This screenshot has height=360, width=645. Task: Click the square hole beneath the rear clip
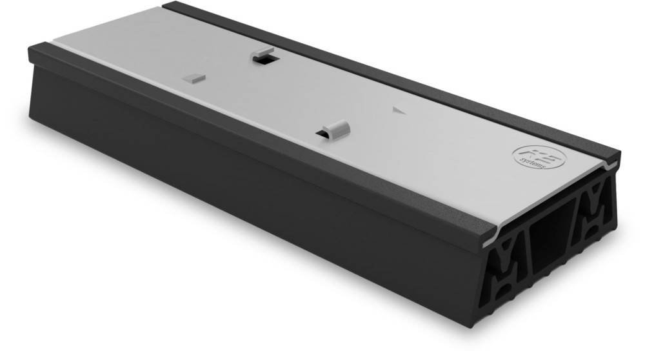coord(263,59)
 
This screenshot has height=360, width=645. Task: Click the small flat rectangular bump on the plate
coord(193,78)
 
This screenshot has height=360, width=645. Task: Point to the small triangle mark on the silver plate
coord(398,110)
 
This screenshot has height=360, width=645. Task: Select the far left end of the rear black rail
coord(166,6)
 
